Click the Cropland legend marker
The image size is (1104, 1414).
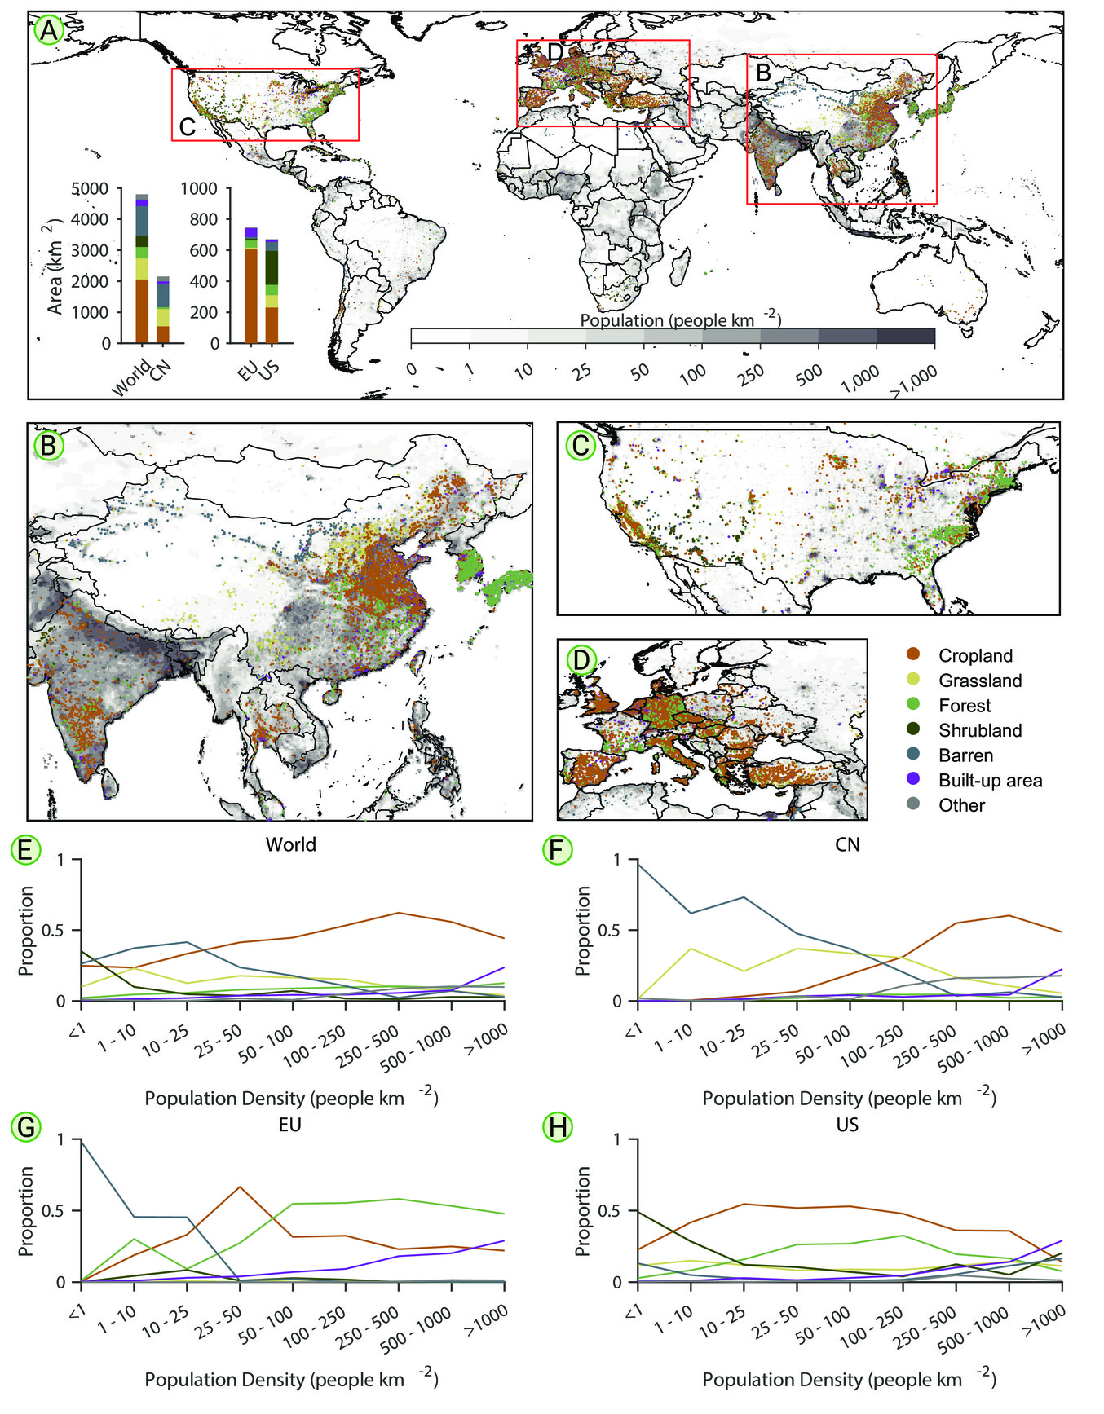click(x=913, y=655)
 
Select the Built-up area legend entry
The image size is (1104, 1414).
click(x=974, y=781)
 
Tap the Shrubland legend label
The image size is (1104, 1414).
click(x=980, y=730)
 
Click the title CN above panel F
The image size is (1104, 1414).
click(x=847, y=844)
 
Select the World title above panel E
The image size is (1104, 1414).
click(x=291, y=844)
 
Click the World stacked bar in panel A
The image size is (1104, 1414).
click(x=142, y=269)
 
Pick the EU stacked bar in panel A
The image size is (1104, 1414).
click(x=251, y=285)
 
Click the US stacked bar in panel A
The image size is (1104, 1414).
click(x=272, y=291)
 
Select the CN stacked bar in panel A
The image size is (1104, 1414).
click(x=163, y=310)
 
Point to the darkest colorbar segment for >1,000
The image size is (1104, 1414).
click(x=906, y=337)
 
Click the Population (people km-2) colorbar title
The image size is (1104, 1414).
click(x=681, y=319)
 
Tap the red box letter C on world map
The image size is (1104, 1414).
click(x=188, y=127)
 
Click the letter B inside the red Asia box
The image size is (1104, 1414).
click(x=764, y=73)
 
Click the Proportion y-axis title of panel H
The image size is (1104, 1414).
click(x=582, y=1211)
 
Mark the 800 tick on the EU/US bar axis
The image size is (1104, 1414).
click(x=199, y=219)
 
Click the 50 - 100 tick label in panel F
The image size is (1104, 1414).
click(x=822, y=1046)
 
